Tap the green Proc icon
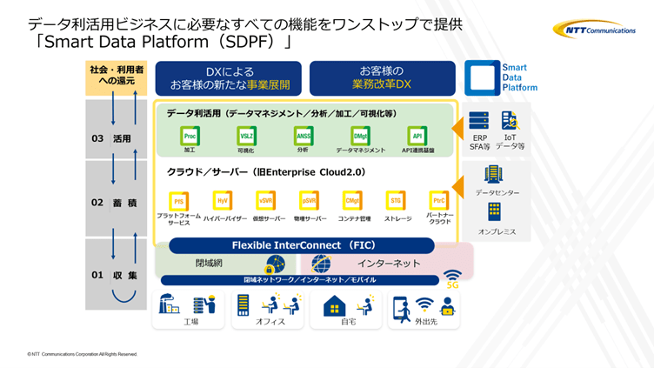click(190, 136)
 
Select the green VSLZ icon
click(246, 136)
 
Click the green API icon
click(417, 136)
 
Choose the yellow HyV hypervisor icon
click(223, 201)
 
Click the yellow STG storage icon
click(396, 201)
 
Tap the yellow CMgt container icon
click(352, 201)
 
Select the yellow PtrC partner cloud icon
click(439, 201)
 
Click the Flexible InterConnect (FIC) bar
click(302, 245)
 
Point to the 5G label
click(452, 284)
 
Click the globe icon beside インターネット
click(321, 263)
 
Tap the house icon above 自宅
click(335, 305)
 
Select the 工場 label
click(191, 322)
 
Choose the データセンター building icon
click(494, 174)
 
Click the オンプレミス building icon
click(494, 211)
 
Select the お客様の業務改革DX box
click(382, 78)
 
